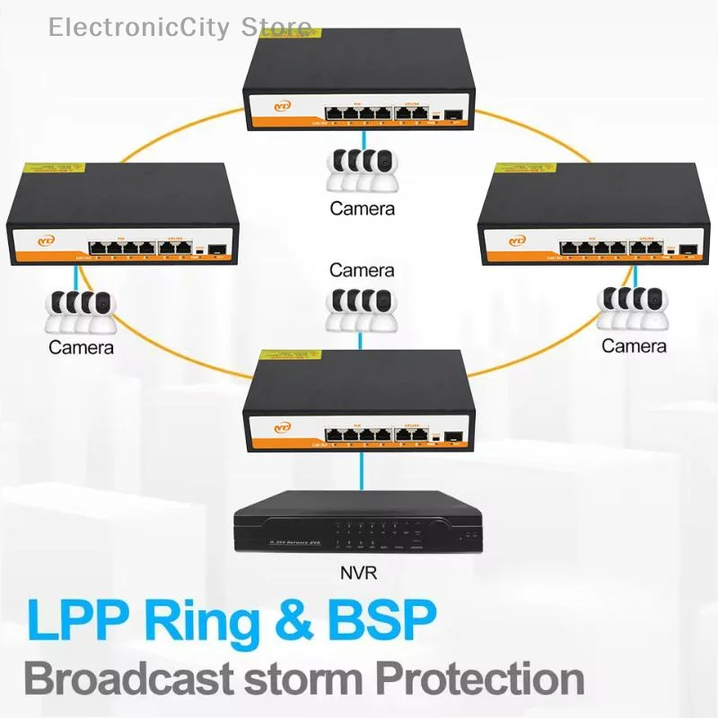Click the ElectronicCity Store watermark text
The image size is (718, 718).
click(180, 27)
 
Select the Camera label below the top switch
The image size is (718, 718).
click(361, 208)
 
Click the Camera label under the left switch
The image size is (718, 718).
click(82, 347)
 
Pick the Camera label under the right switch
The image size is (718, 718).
click(634, 346)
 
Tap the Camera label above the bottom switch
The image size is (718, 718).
click(361, 269)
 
